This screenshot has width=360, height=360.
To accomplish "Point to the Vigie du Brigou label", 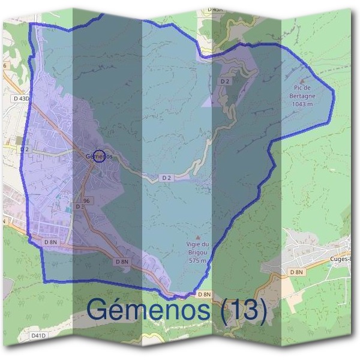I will click(x=198, y=252).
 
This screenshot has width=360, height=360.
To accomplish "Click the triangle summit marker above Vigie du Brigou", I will click(x=199, y=238).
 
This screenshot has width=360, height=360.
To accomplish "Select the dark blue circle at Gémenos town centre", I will click(x=100, y=155).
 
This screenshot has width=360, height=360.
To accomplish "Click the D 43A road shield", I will click(x=215, y=10).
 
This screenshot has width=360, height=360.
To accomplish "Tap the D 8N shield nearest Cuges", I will click(x=296, y=272).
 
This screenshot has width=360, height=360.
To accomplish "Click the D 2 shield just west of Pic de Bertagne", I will click(x=225, y=80).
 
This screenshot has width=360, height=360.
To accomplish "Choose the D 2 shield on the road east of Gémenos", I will click(x=167, y=178).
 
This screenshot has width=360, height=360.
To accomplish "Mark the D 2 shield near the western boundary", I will click(x=25, y=149).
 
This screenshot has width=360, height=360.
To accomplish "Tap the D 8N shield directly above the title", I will click(x=205, y=294).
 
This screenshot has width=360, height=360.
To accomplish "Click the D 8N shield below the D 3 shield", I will click(x=50, y=241).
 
